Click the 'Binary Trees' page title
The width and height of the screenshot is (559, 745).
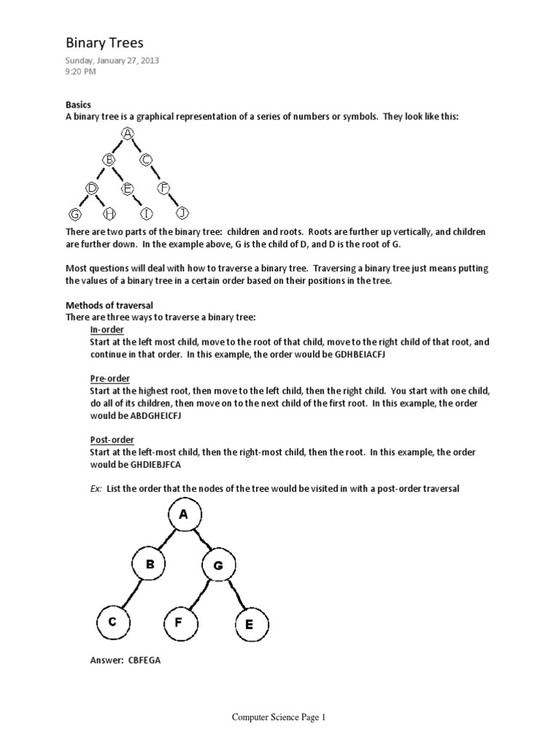(x=105, y=43)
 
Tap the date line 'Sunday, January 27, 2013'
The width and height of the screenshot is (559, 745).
(x=112, y=61)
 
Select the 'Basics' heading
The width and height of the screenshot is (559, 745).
(x=78, y=105)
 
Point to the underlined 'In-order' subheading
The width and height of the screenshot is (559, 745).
(x=107, y=330)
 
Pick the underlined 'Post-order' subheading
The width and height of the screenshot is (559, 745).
(x=112, y=440)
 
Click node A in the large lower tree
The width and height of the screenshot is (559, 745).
(x=183, y=515)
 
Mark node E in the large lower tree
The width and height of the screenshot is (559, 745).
(x=250, y=624)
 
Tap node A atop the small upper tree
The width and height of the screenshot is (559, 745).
(x=128, y=133)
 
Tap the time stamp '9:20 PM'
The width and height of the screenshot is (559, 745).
(x=81, y=72)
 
